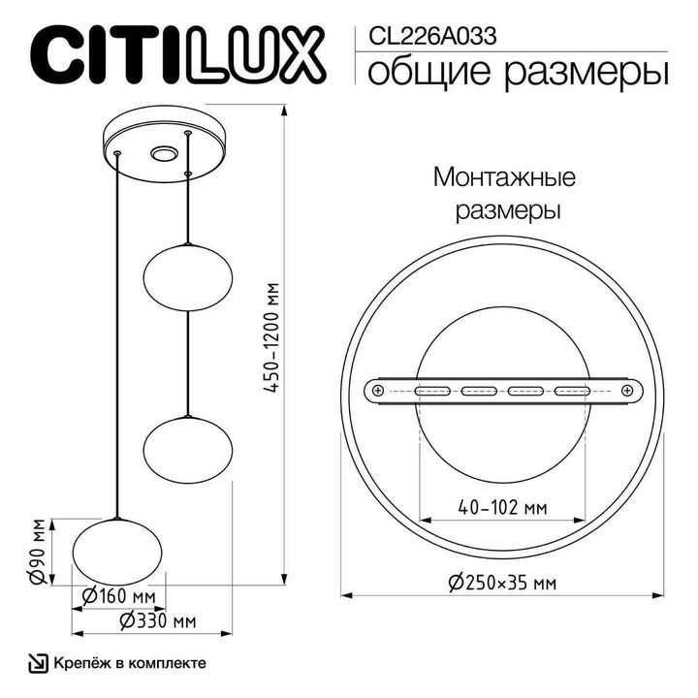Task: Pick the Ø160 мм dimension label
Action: (118, 594)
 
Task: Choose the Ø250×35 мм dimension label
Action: (502, 583)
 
